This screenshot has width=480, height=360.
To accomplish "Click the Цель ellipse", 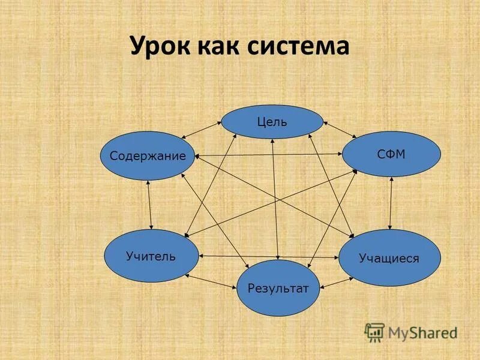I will coord(272,122).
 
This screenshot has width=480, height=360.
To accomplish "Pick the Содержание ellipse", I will coord(148,156).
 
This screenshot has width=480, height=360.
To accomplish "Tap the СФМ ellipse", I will coord(391,154).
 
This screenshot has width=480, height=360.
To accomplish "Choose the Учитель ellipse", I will coord(151,256).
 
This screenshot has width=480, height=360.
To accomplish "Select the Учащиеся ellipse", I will coord(389,258).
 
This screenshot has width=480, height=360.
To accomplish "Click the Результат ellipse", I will coord(278,289).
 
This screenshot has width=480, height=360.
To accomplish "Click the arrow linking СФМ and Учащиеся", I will coord(391,203).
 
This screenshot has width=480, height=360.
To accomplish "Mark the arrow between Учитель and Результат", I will coord(211,282).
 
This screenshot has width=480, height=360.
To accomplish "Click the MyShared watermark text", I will coord(422,332).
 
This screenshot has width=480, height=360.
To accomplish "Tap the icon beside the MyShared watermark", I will coord(374,332).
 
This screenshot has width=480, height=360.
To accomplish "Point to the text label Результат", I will coord(278,289).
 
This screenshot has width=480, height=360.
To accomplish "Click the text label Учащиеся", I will coord(389,259).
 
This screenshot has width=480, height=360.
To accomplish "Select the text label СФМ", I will coord(391,154).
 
